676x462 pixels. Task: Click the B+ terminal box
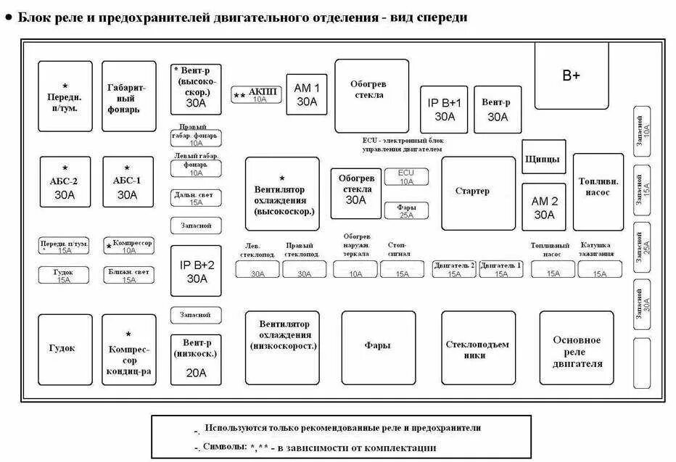572,75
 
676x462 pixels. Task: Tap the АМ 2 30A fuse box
544,207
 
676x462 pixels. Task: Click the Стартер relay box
472,193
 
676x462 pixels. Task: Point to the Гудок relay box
65,349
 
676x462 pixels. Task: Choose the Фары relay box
378,347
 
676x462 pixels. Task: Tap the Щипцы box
543,158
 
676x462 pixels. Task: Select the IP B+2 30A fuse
197,271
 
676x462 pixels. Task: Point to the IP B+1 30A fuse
445,110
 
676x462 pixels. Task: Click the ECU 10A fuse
406,176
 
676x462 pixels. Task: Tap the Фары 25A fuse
406,210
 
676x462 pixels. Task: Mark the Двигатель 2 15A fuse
454,269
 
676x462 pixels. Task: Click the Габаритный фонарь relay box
128,96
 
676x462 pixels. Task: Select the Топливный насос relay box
598,191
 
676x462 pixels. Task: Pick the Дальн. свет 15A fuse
196,198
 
